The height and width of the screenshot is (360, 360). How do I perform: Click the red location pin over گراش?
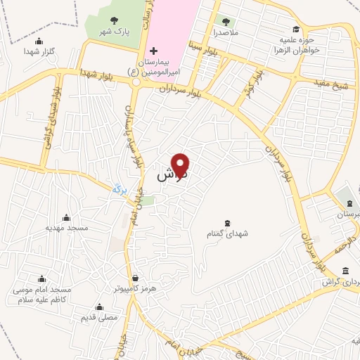point(181,165)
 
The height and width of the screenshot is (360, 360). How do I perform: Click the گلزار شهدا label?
point(39,51)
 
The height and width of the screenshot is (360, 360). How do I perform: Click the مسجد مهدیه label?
point(67,227)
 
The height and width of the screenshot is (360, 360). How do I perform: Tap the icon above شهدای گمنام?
point(226,223)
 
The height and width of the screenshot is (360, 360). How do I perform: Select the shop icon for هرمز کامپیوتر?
point(135,277)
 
